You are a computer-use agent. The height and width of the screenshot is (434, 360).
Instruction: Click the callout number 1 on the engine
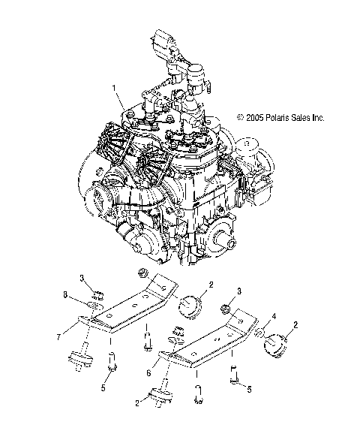click(x=115, y=88)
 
